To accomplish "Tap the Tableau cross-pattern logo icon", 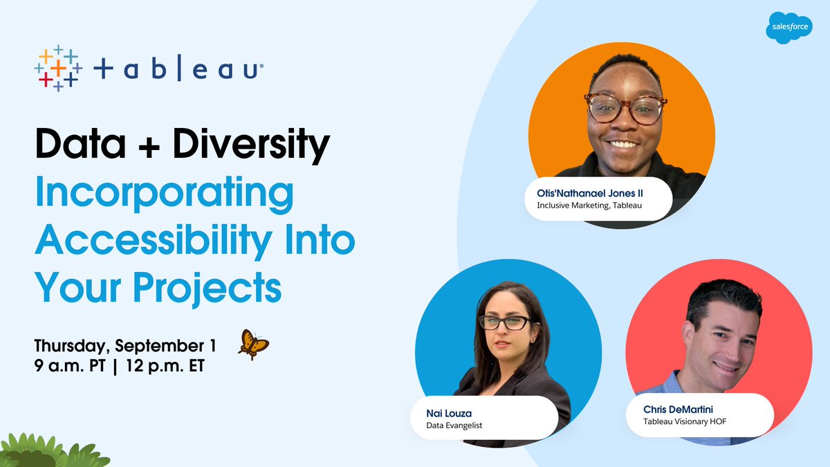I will (x=58, y=68).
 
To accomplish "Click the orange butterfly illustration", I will (x=253, y=343).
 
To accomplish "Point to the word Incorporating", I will (x=165, y=194).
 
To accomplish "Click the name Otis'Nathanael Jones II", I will (x=590, y=194).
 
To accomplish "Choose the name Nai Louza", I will (x=449, y=413).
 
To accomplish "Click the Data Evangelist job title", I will (x=454, y=425).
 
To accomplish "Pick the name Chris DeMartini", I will (x=678, y=410).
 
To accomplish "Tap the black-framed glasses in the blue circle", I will (x=505, y=322).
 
